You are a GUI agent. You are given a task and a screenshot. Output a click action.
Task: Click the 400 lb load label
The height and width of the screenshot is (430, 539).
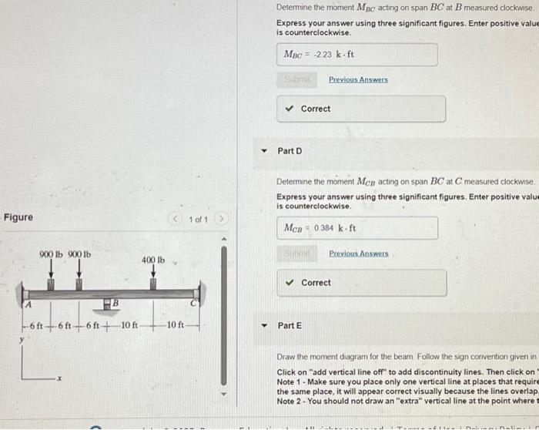pyautogui.click(x=153, y=260)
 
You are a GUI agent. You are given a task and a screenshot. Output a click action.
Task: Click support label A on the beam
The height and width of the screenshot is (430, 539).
pyautogui.click(x=29, y=305)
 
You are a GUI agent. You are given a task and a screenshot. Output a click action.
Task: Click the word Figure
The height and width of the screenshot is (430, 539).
pyautogui.click(x=18, y=217)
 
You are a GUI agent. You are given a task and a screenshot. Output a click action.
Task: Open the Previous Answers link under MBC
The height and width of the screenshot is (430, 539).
pyautogui.click(x=358, y=79)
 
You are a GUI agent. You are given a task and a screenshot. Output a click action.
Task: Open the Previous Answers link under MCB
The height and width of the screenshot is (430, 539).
pyautogui.click(x=358, y=253)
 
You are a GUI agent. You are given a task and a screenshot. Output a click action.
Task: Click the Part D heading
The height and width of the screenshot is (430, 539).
pyautogui.click(x=290, y=150)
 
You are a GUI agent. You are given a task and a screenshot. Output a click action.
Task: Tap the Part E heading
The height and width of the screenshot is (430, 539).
pyautogui.click(x=290, y=325)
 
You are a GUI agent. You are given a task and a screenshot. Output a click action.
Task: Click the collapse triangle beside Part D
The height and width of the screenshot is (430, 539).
pyautogui.click(x=263, y=150)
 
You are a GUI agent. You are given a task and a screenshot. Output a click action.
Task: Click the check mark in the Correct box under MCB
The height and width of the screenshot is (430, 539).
pyautogui.click(x=290, y=283)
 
